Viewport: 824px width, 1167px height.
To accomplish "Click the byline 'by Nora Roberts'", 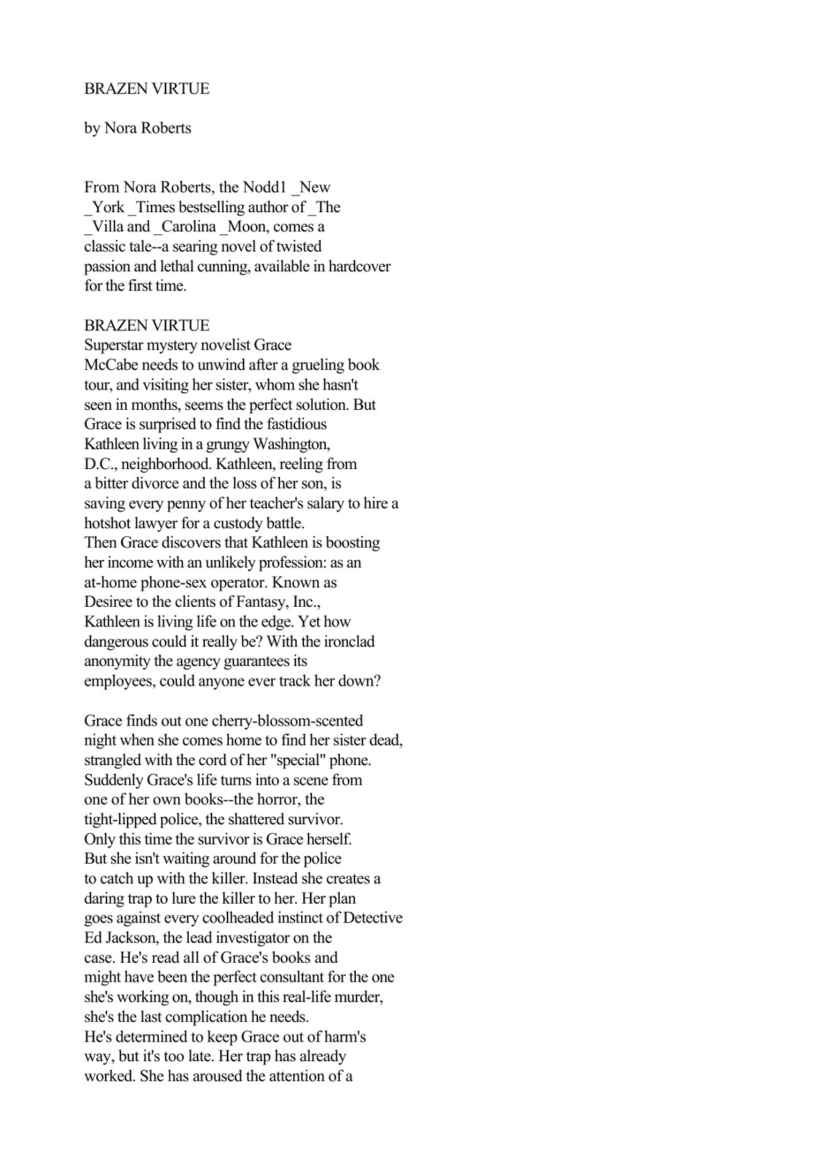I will (138, 128).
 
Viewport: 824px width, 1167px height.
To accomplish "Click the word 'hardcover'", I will (359, 266).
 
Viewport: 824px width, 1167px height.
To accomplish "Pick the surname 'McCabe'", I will (111, 365).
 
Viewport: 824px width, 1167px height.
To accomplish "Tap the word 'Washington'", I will (290, 443).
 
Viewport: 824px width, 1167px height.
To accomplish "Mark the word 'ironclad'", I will (347, 642).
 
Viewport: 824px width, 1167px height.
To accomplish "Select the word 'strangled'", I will (114, 760).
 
